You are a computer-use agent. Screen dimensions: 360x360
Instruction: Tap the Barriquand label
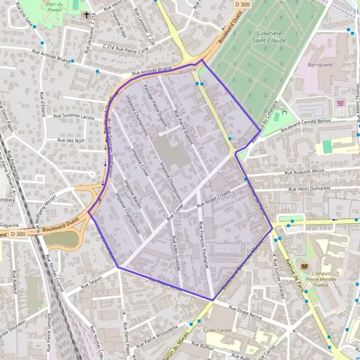pyautogui.click(x=319, y=64)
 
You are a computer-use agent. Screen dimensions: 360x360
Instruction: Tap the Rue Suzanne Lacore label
pyautogui.click(x=74, y=116)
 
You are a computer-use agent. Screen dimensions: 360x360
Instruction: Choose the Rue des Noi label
pyautogui.click(x=70, y=140)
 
